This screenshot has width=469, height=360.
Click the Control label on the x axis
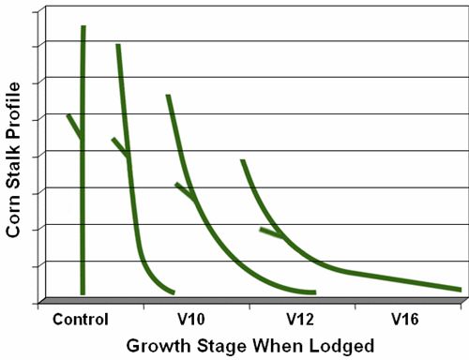(x=82, y=317)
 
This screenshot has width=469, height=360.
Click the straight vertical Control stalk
(x=83, y=187)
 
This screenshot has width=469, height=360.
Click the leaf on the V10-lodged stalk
(x=120, y=147)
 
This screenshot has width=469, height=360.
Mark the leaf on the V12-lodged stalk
(x=184, y=191)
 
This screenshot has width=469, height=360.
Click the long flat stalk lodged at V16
(x=375, y=277)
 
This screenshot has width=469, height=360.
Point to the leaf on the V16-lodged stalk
(x=270, y=232)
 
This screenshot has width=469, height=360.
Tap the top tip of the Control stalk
(x=83, y=28)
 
